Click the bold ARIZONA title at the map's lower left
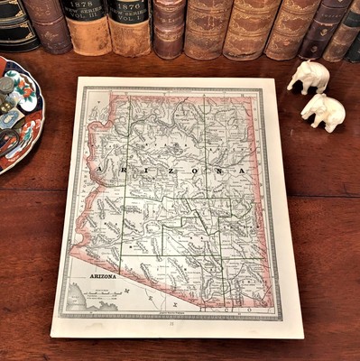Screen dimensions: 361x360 (103, 276)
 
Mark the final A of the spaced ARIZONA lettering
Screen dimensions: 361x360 (242, 170)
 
